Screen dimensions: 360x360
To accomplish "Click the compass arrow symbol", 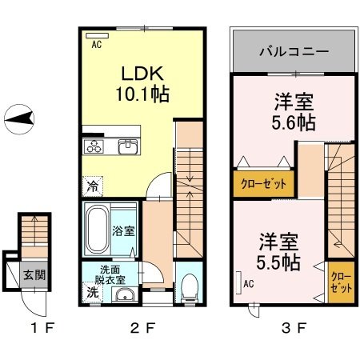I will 20,120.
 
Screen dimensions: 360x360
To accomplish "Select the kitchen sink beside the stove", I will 127,146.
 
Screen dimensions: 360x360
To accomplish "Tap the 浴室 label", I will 124,230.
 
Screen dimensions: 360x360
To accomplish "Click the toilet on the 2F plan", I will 189,289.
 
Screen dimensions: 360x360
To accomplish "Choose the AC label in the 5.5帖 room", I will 248,282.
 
